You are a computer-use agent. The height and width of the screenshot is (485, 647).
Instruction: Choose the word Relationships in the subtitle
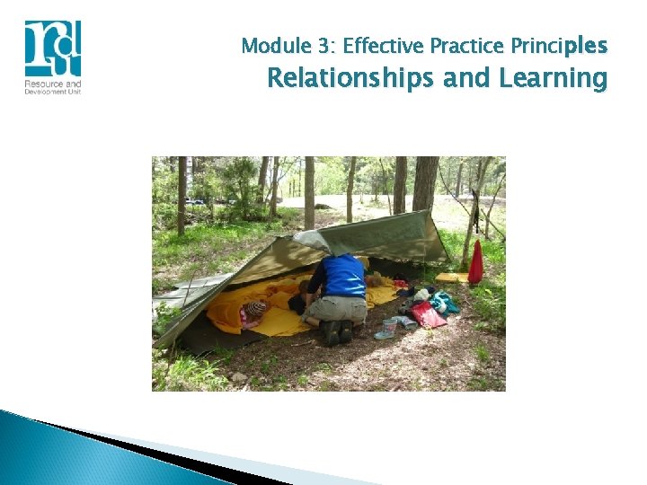coord(352,79)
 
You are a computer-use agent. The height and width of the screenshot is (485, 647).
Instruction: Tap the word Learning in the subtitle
coord(551,79)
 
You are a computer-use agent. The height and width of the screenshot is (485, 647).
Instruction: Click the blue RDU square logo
coord(52,48)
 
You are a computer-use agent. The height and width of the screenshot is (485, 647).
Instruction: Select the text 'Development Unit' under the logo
coord(53,92)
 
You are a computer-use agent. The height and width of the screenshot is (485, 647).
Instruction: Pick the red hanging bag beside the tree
coord(475,263)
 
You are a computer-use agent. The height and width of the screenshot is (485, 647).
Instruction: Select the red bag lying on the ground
coord(428,314)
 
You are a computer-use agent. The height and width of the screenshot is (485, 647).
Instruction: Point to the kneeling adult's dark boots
coord(335,332)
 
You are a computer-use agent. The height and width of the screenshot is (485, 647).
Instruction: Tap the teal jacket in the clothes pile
coord(444,302)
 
